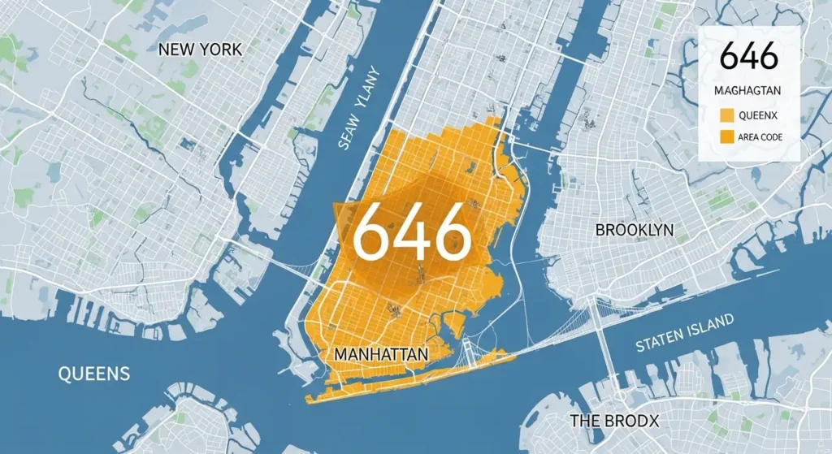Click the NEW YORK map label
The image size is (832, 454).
click(x=200, y=50)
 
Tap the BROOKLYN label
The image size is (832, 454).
click(x=635, y=230)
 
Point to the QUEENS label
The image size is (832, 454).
click(x=94, y=374)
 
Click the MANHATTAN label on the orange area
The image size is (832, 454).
click(x=381, y=355)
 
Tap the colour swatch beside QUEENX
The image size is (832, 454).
click(x=728, y=115)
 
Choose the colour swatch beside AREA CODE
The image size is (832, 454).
click(x=728, y=137)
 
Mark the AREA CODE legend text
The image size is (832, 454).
click(x=761, y=137)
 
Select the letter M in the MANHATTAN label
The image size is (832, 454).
click(x=341, y=355)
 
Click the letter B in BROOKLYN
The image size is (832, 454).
click(x=600, y=230)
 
